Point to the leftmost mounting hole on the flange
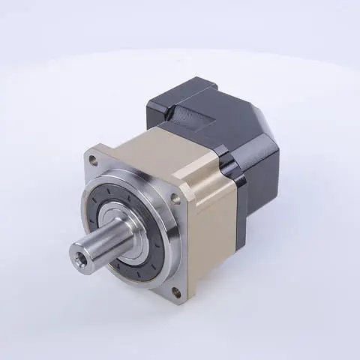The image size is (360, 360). [x=92, y=160]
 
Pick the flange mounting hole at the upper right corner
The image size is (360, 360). [x=175, y=198]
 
